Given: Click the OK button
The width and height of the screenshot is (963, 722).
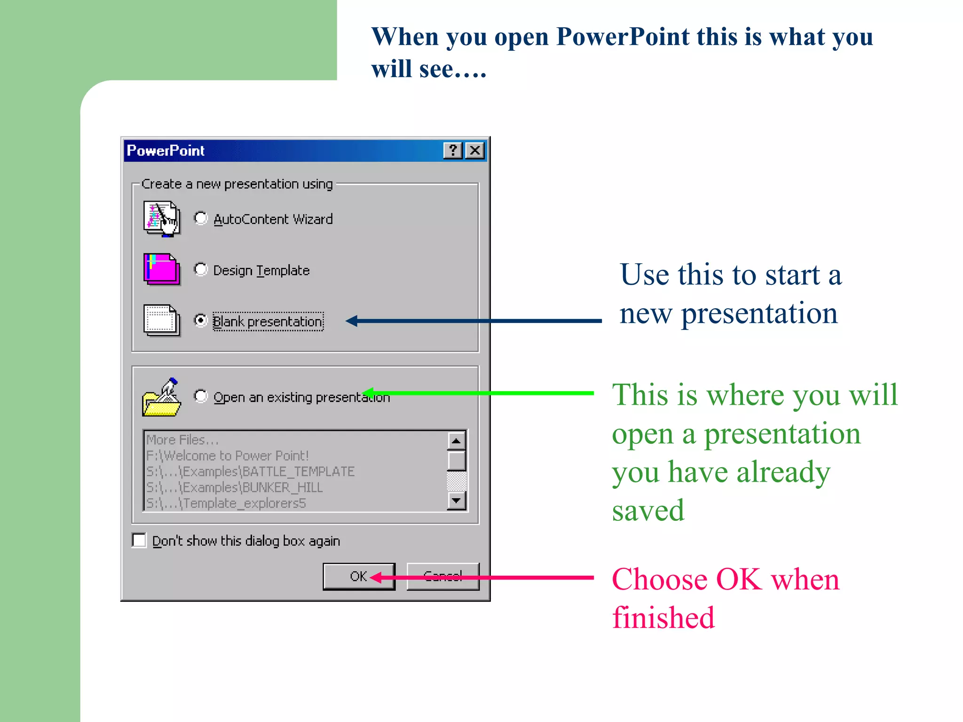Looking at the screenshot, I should [358, 576].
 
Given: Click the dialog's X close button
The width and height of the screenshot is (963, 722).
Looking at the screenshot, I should [475, 150].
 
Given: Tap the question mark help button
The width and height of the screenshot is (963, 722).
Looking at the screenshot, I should [453, 150].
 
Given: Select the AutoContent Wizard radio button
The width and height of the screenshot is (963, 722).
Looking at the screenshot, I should [201, 218].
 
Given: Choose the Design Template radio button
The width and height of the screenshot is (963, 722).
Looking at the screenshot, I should [201, 269].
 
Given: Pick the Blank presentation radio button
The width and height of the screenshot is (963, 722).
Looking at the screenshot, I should [201, 321].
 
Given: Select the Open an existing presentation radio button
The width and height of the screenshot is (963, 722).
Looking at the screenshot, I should [201, 396].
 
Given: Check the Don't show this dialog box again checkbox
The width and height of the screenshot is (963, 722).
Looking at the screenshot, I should [139, 540].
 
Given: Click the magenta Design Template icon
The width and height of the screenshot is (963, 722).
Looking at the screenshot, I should [161, 269].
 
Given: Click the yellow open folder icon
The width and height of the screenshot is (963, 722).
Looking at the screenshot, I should [161, 398].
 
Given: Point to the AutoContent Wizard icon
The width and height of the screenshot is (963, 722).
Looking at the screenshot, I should [161, 219].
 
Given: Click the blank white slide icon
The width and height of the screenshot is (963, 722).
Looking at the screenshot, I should [161, 321].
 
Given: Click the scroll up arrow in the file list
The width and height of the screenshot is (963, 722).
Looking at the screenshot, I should [456, 441].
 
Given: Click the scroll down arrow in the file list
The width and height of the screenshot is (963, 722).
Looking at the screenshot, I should [456, 501].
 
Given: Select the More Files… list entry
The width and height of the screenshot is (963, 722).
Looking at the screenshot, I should [182, 440].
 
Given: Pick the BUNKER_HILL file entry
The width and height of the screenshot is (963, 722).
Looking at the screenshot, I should [234, 487].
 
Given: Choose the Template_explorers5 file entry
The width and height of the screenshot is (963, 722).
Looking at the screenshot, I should [226, 503].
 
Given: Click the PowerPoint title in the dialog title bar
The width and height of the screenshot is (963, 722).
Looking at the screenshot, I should [166, 150].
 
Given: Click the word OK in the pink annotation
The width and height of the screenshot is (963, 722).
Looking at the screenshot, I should [738, 579].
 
